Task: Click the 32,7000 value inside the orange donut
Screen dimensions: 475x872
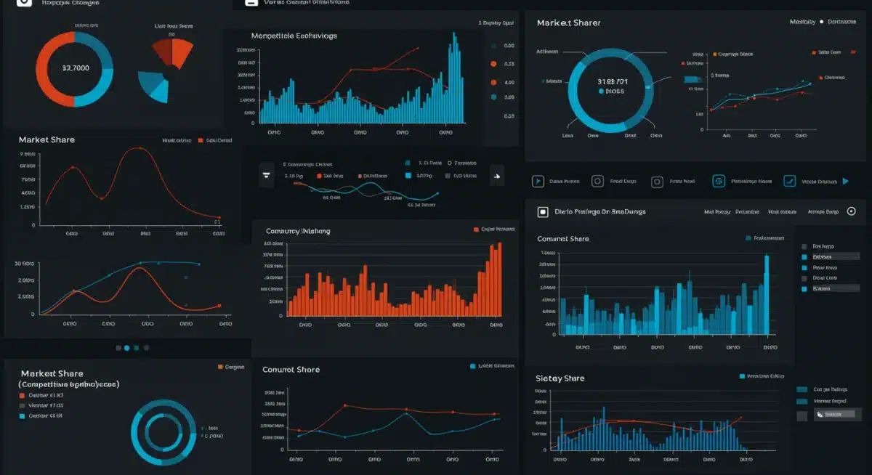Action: (x=75, y=68)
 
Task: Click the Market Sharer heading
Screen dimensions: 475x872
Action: (x=570, y=23)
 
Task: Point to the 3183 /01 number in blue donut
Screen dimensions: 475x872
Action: (x=611, y=82)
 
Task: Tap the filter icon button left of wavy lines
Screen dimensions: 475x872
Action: (x=267, y=175)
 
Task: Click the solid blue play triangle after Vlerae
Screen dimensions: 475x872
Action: (x=845, y=182)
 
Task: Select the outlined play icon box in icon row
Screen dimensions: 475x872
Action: (x=538, y=182)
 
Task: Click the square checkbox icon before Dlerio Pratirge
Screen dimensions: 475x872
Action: (x=542, y=212)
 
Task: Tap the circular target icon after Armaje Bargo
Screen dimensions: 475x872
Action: (x=851, y=212)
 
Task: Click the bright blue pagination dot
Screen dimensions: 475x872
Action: (x=127, y=348)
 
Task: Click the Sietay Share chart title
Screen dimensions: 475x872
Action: (x=560, y=378)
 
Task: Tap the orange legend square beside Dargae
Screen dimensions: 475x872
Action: (x=220, y=368)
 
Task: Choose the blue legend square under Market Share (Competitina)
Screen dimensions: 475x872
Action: (x=22, y=416)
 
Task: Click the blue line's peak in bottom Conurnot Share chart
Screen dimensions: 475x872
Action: (x=406, y=413)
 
